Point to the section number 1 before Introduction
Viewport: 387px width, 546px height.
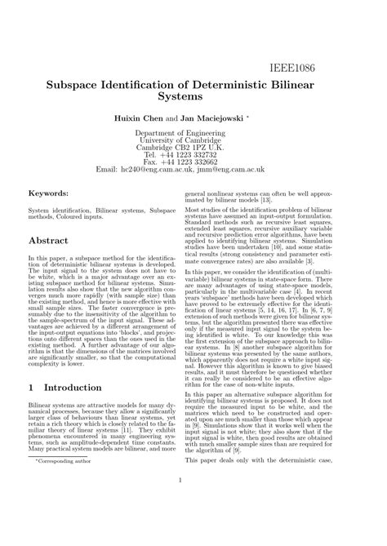click(33, 387)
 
